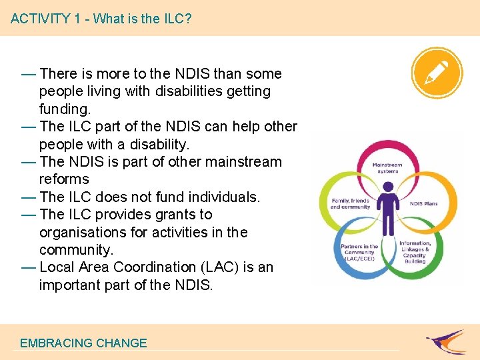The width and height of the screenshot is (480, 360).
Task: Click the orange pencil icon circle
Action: tap(437, 71)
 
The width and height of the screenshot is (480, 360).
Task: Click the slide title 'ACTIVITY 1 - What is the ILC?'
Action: tap(101, 18)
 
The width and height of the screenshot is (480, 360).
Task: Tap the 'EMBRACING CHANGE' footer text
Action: tap(83, 343)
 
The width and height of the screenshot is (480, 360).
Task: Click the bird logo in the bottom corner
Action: tap(446, 341)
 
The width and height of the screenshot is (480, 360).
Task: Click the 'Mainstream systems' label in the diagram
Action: tap(387, 168)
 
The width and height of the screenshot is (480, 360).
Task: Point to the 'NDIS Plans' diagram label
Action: tap(423, 203)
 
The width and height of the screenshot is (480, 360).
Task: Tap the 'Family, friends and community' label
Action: tap(350, 204)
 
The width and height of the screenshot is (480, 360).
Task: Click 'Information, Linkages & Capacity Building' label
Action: tap(415, 252)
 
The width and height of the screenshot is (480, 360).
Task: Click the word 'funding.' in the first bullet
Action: tap(64, 108)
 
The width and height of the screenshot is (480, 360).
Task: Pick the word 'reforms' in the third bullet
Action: tap(64, 179)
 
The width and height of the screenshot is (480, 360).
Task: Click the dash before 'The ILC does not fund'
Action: tap(29, 197)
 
